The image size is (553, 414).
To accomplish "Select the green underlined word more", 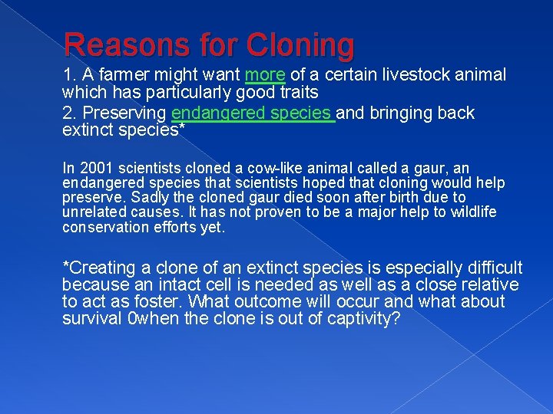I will coord(265,75).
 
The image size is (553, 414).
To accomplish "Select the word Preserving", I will coord(123,113).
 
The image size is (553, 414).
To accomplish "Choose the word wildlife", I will coord(472,212).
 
